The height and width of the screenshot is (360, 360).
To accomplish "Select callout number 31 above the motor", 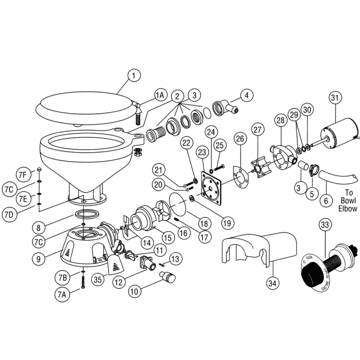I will click(x=334, y=98).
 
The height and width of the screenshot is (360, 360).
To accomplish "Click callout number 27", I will click(x=256, y=129).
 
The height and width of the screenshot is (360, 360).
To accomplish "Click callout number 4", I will click(x=246, y=95).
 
